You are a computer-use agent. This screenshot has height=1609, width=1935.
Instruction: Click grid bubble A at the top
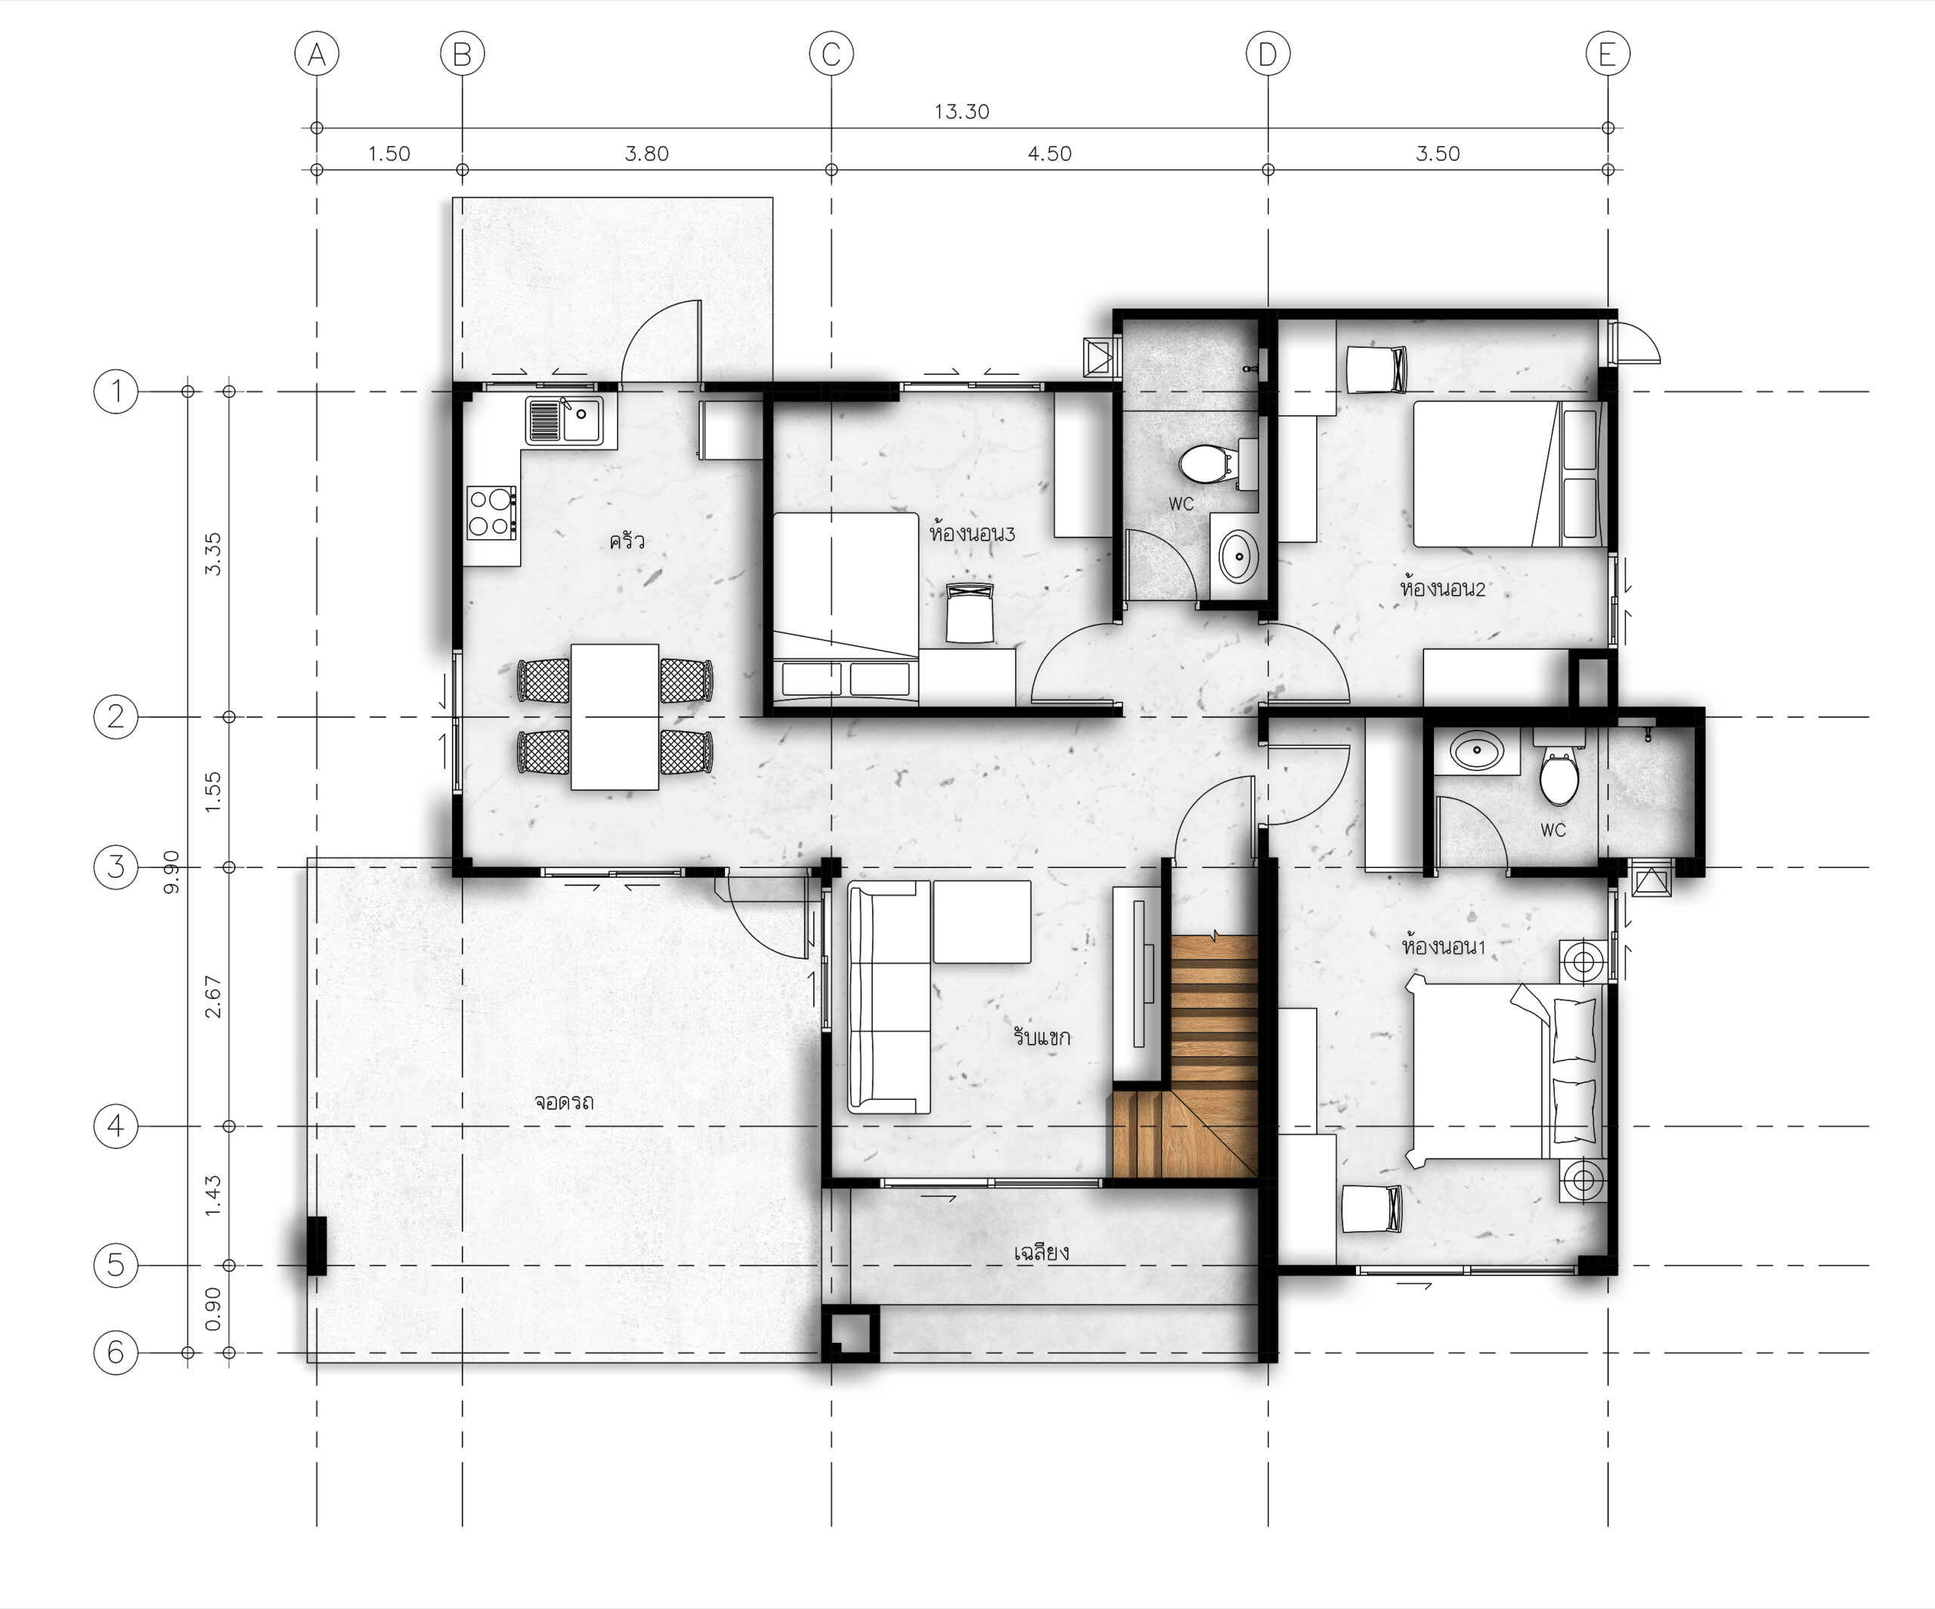tap(317, 54)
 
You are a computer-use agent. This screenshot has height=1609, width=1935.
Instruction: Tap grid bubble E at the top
tap(1608, 54)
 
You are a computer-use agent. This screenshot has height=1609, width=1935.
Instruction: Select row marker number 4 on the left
tap(116, 1125)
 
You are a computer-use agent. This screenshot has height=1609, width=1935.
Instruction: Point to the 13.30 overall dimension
tap(962, 111)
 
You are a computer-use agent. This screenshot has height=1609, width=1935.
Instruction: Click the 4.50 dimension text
tap(1049, 154)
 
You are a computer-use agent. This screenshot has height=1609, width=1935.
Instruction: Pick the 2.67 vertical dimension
tap(213, 997)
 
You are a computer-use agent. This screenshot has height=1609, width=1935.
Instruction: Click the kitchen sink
tap(564, 421)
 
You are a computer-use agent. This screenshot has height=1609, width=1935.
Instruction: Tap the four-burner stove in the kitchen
tap(491, 513)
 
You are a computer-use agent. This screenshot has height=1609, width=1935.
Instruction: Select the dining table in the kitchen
tap(615, 717)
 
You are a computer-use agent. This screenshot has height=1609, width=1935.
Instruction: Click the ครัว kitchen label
tap(627, 540)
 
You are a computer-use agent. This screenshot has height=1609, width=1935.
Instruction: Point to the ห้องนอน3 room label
tap(972, 532)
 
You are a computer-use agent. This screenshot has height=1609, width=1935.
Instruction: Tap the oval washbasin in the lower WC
tap(1477, 750)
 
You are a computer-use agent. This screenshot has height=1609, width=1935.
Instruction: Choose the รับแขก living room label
tap(1042, 1037)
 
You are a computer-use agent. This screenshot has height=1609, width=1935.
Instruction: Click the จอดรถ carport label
tap(564, 1101)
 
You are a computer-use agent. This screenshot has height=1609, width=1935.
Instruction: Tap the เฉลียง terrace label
tap(1042, 1251)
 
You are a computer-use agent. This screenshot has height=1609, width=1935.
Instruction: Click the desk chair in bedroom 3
tap(971, 612)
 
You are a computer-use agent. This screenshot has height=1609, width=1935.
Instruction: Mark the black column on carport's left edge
tap(316, 1246)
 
